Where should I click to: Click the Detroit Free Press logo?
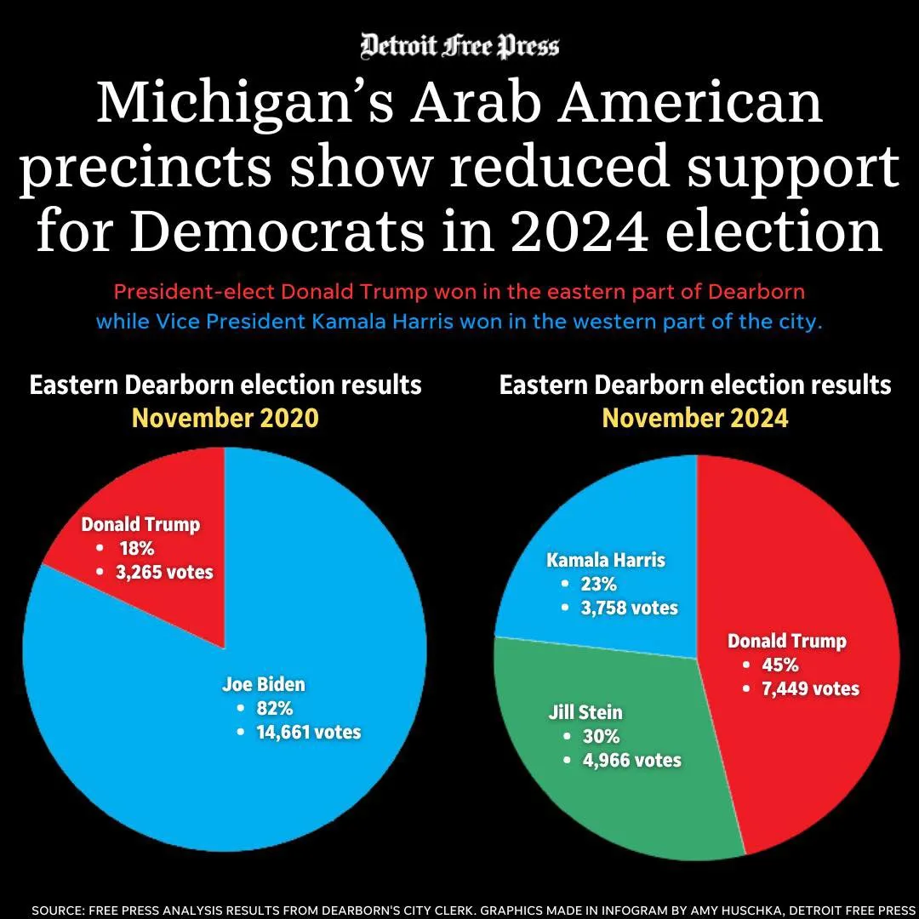tap(459, 45)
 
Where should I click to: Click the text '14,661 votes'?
tap(309, 732)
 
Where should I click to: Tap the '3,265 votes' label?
tap(165, 572)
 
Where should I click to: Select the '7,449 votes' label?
tap(811, 688)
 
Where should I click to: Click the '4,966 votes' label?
tap(631, 760)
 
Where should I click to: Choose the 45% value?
tap(780, 665)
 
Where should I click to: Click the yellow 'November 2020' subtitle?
tap(225, 418)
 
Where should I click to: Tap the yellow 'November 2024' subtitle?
tap(695, 418)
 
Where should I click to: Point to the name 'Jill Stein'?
tap(585, 712)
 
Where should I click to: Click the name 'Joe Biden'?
tap(264, 683)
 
